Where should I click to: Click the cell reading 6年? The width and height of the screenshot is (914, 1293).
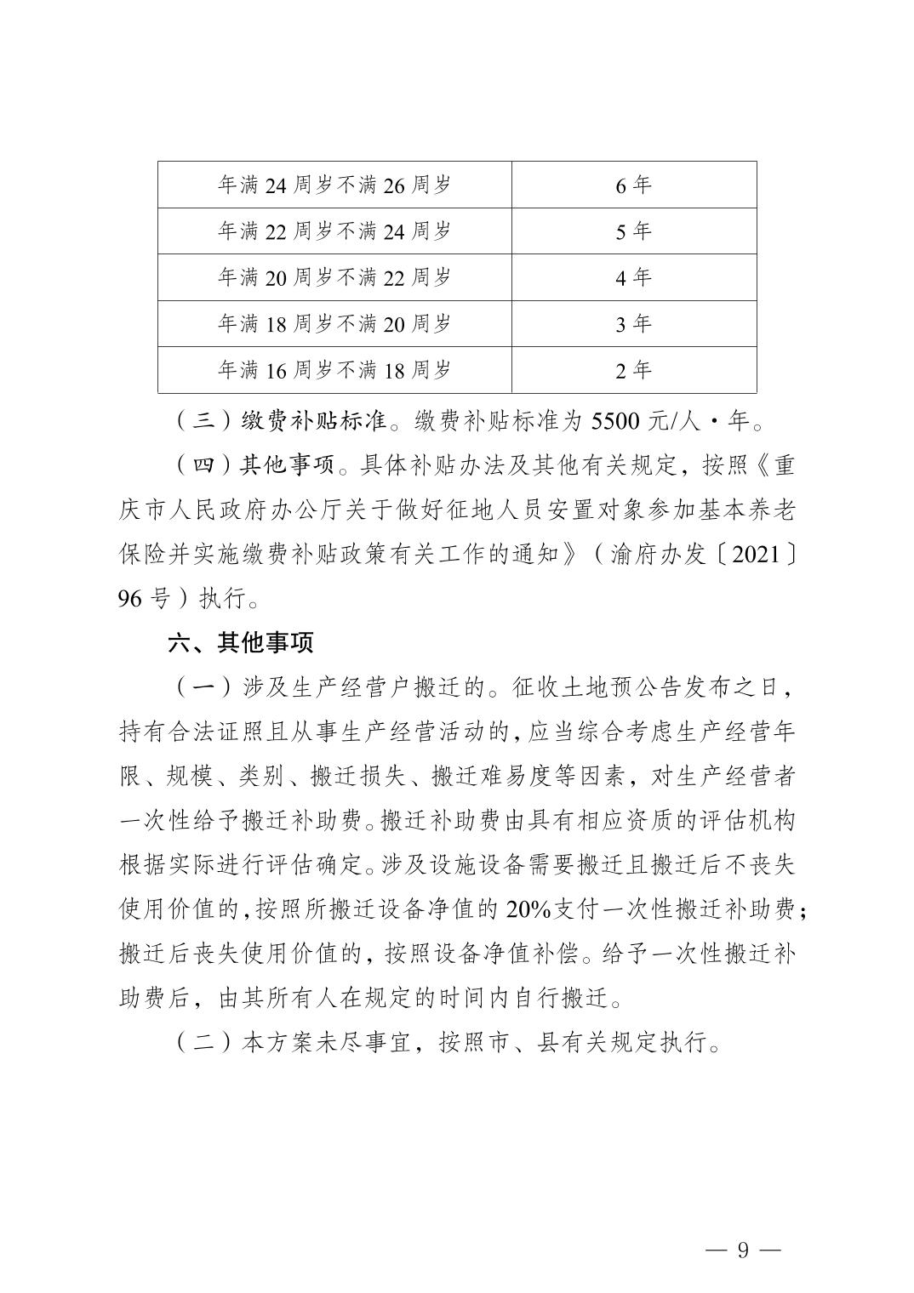tap(633, 185)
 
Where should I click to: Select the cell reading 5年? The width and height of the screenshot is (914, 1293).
tap(633, 231)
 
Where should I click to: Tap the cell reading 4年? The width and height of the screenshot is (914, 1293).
tap(633, 277)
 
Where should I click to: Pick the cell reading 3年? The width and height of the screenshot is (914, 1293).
tap(633, 323)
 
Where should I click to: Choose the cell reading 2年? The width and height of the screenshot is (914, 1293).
tap(633, 370)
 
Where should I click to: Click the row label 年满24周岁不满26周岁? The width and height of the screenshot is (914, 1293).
tap(334, 185)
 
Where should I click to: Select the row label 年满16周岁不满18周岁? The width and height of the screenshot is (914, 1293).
tap(334, 370)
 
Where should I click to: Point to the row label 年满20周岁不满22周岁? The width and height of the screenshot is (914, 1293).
tap(334, 277)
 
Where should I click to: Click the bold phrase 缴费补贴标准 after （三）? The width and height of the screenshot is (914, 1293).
tap(315, 421)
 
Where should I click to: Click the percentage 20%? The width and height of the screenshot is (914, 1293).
tap(528, 909)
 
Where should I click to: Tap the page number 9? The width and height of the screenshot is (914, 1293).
tap(743, 1250)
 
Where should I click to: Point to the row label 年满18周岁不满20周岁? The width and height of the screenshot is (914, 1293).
tap(334, 323)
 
